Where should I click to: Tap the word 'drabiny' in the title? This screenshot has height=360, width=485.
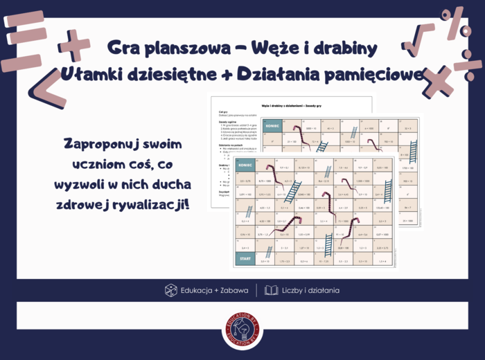coord(342,48)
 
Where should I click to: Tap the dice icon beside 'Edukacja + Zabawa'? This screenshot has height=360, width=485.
coord(170,291)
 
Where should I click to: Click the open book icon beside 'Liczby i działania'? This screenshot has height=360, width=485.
coord(271,291)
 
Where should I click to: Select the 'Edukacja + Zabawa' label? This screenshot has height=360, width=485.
coord(215,291)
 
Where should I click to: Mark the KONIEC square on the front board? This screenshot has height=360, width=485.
coord(245,167)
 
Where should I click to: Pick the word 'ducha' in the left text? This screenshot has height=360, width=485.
coord(166,186)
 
